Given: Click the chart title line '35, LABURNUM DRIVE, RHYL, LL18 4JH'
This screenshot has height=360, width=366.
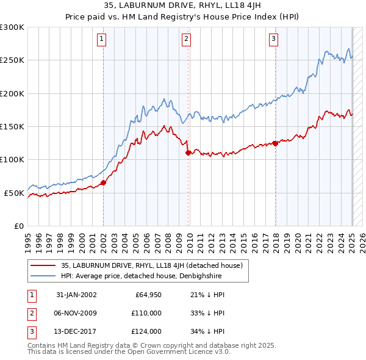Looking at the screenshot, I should tap(182, 7).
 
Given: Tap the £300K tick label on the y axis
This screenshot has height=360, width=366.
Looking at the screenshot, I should tap(12, 27).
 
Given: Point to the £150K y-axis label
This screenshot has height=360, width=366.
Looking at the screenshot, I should tap(12, 127).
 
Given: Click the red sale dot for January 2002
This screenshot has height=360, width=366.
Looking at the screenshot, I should tap(104, 182).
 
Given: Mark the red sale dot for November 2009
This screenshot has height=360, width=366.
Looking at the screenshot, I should tap(188, 153).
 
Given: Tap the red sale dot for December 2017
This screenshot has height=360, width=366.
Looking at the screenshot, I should tap(275, 143).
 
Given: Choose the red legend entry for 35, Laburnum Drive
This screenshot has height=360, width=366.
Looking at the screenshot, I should tap(152, 265).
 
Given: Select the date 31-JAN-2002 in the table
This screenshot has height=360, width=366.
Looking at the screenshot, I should tap(76, 295).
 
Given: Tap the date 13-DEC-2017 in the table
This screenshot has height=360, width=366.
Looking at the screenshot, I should tap(76, 331).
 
